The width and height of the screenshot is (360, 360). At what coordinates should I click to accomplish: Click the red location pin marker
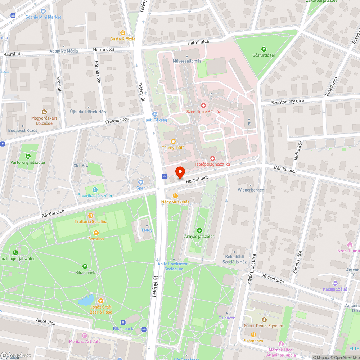click(180, 172)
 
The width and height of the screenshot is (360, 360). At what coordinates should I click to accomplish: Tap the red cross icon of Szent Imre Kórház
click(203, 105)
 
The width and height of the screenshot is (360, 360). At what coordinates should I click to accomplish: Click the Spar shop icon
click(140, 182)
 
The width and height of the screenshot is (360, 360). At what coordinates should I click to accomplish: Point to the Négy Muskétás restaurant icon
click(175, 196)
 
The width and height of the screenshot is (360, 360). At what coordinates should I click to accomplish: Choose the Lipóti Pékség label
click(154, 120)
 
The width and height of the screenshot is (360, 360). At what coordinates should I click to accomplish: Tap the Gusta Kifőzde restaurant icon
click(122, 33)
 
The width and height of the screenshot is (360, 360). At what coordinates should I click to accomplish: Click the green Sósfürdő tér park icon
click(264, 49)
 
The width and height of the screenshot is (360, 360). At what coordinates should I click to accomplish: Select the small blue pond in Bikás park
click(86, 300)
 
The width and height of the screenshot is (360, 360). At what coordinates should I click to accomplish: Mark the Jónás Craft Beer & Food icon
click(101, 301)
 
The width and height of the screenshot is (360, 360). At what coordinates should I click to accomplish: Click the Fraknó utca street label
click(117, 120)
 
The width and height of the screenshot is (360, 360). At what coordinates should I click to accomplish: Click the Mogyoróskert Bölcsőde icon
click(44, 112)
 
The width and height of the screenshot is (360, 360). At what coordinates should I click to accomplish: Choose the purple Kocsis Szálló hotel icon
click(335, 283)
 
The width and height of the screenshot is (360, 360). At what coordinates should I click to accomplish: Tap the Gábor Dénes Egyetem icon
click(264, 320)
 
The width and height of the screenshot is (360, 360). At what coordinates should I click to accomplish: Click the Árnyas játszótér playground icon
click(199, 230)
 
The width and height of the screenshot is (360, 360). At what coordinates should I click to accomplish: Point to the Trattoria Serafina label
click(91, 221)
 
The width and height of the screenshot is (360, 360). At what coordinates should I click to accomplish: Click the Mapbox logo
click(16, 355)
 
